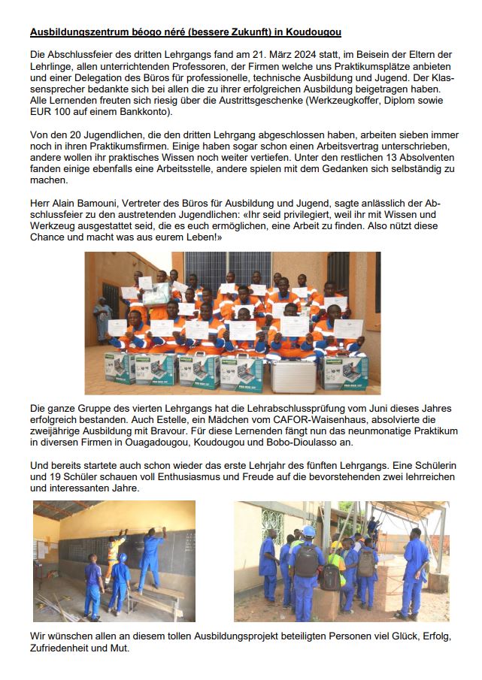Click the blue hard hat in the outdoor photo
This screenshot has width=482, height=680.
[308, 530]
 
